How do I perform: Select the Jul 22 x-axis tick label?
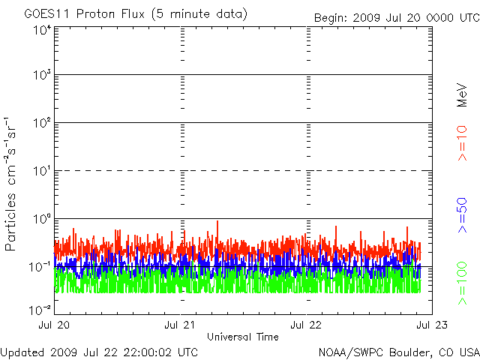[307, 325]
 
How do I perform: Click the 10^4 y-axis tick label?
[41, 30]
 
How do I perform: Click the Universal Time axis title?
[243, 337]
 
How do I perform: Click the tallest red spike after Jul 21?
[217, 222]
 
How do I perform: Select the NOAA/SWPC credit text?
[398, 352]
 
